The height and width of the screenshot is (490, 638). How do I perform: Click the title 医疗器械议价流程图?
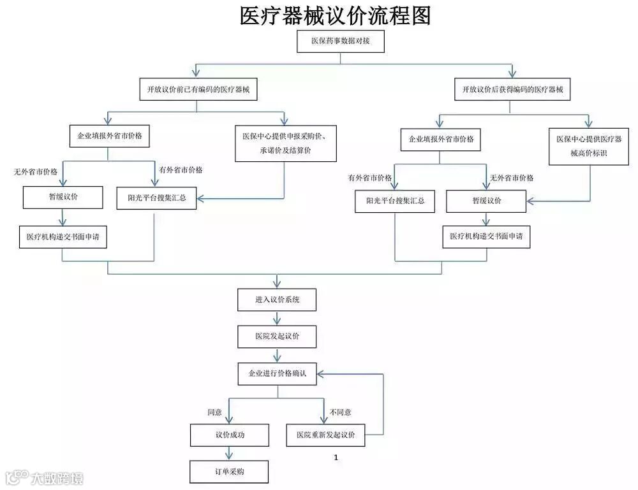click(336, 15)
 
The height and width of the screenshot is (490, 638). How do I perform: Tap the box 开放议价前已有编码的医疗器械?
click(198, 90)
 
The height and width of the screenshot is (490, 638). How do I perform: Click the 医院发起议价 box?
click(277, 336)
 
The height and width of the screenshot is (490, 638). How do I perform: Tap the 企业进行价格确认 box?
click(277, 373)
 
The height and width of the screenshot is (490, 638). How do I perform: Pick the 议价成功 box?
click(229, 435)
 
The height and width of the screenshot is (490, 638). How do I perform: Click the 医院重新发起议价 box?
click(325, 435)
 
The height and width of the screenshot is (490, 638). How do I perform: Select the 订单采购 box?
click(229, 472)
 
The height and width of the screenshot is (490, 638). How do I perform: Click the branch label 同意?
click(214, 413)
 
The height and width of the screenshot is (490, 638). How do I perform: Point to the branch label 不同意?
click(340, 413)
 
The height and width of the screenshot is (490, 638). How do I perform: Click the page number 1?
click(336, 458)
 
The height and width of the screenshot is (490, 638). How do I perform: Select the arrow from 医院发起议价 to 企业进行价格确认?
click(277, 355)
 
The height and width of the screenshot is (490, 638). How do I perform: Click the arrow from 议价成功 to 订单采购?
click(229, 453)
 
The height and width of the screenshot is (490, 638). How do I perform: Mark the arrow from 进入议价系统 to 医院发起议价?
click(277, 318)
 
